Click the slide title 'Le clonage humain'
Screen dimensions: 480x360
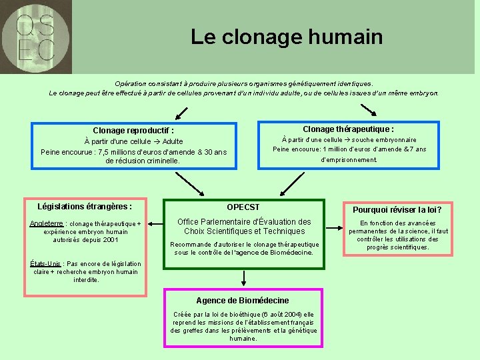click(x=287, y=37)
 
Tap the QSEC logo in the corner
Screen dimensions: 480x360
click(x=36, y=37)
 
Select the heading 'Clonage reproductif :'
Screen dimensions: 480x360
click(x=133, y=131)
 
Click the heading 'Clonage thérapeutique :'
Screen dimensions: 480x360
click(x=348, y=129)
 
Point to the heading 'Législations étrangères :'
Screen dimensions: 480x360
click(x=85, y=207)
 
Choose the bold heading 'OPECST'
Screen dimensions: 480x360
click(x=243, y=207)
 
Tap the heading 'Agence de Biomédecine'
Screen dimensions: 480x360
click(x=243, y=301)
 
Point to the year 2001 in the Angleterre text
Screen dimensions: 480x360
click(x=107, y=239)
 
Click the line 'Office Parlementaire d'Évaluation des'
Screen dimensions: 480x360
click(x=244, y=222)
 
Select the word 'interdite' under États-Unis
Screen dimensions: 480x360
click(x=86, y=279)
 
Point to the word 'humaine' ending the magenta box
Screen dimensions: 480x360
click(x=243, y=339)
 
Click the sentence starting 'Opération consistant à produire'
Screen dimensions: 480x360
click(x=244, y=83)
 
